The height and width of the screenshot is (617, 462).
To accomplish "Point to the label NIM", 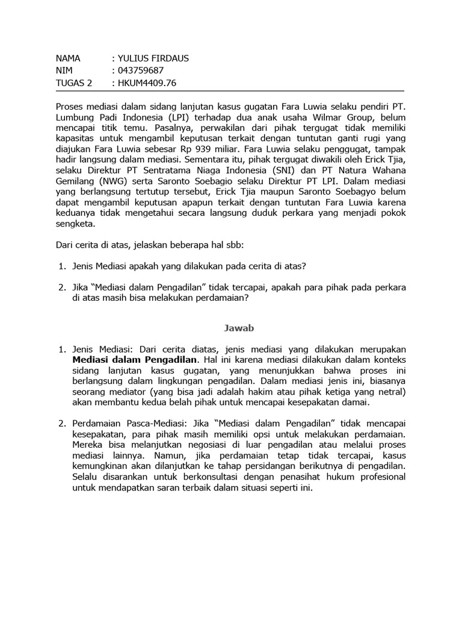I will pyautogui.click(x=64, y=70).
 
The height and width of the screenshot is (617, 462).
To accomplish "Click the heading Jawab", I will pyautogui.click(x=231, y=328).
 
